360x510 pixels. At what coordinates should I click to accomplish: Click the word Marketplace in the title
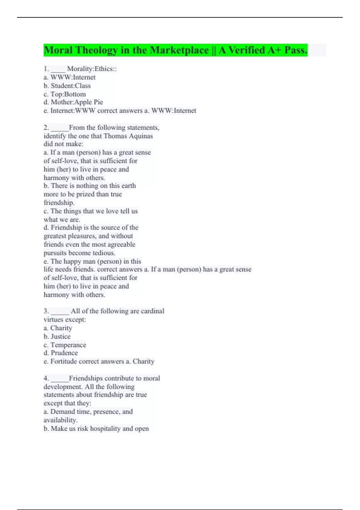(x=179, y=50)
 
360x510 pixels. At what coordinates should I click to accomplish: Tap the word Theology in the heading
(x=96, y=50)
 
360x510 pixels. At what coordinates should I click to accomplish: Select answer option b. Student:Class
(x=67, y=86)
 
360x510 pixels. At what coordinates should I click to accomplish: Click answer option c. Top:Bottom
(x=65, y=94)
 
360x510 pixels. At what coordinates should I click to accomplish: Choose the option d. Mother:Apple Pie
(x=73, y=102)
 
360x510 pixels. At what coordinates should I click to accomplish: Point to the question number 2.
(x=46, y=128)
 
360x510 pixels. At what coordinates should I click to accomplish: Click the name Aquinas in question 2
(x=141, y=136)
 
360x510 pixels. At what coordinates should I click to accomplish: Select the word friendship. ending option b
(x=59, y=203)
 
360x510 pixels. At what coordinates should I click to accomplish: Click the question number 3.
(x=46, y=311)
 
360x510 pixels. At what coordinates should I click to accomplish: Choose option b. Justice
(x=57, y=337)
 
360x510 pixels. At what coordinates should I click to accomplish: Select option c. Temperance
(x=65, y=345)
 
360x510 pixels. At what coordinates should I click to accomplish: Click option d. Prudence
(x=61, y=353)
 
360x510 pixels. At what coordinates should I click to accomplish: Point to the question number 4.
(x=46, y=378)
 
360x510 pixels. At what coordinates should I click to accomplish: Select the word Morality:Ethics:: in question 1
(x=92, y=69)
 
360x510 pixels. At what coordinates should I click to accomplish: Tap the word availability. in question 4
(x=61, y=420)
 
